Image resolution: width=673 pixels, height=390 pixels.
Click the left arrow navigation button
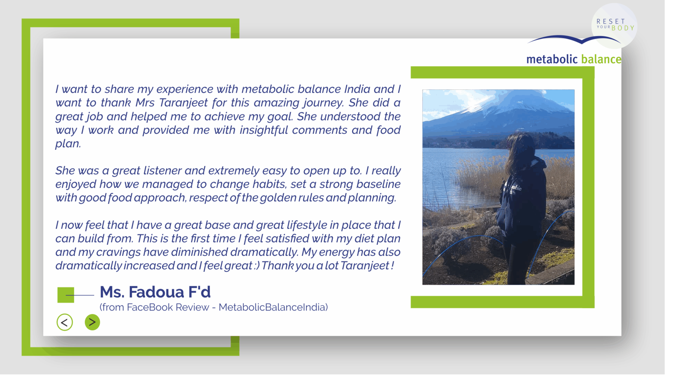pyautogui.click(x=65, y=322)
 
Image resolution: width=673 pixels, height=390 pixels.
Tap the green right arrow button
pyautogui.click(x=92, y=322)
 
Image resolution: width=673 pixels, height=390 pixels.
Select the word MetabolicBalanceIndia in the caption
pyautogui.click(x=273, y=307)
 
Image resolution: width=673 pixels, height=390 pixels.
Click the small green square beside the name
pyautogui.click(x=66, y=295)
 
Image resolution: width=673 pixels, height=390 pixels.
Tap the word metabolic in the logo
pyautogui.click(x=552, y=59)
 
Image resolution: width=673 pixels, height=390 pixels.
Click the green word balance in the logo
pyautogui.click(x=601, y=59)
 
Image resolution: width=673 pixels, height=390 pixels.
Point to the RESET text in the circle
pyautogui.click(x=611, y=21)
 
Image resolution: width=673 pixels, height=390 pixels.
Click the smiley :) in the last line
pyautogui.click(x=256, y=266)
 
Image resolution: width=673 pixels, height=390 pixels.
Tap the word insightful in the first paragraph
pyautogui.click(x=264, y=130)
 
